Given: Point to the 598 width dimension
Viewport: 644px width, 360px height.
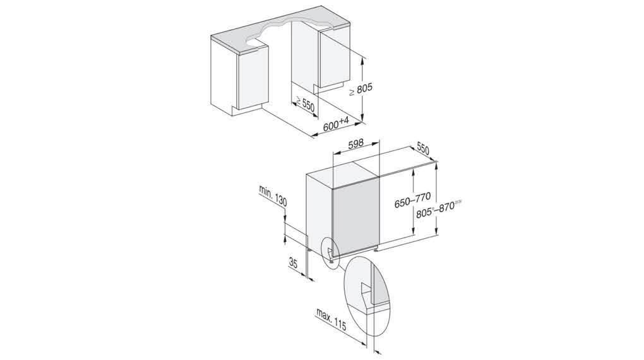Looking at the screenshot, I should (x=355, y=145).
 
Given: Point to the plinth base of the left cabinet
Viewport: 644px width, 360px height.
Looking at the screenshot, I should (x=246, y=108).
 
